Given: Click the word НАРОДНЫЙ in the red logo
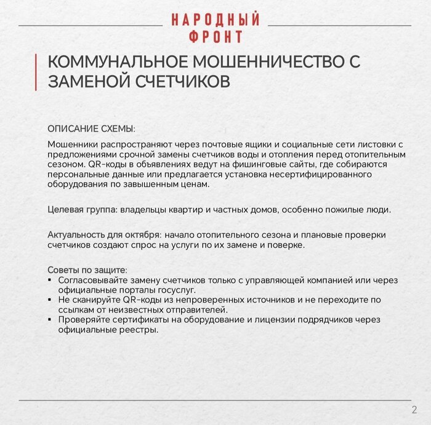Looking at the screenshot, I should click(x=215, y=19).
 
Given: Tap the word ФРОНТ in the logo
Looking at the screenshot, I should click(x=216, y=37).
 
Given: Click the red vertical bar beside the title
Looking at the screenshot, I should click(x=36, y=72).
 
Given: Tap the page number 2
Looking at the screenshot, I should click(x=414, y=410).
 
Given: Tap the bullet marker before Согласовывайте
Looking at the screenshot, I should click(x=50, y=280).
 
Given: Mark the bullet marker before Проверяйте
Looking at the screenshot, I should click(x=50, y=320).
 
